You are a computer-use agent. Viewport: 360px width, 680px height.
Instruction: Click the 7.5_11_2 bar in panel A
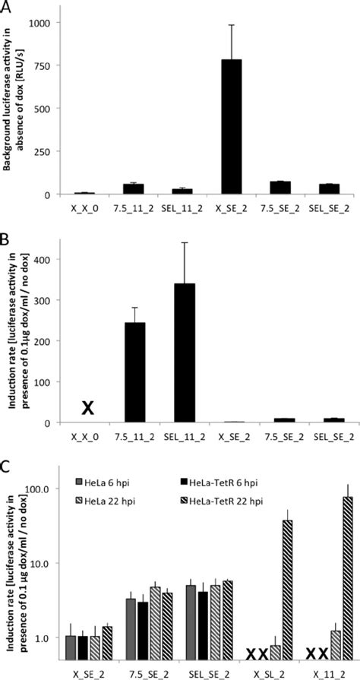(134, 189)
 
